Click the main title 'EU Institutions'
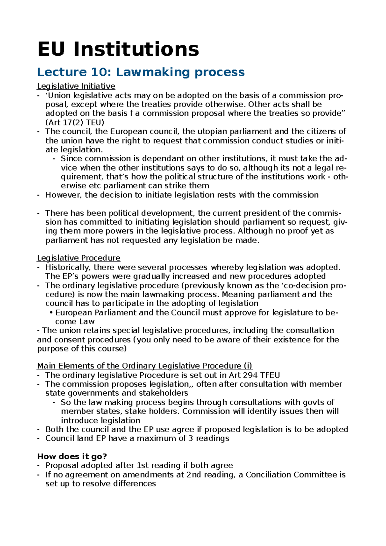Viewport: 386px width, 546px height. point(118,49)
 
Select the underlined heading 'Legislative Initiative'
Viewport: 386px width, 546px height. point(76,86)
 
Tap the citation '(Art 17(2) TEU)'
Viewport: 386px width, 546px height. point(75,123)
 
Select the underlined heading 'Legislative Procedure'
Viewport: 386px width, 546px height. point(78,258)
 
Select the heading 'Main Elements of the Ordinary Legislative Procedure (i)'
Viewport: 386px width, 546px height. point(144,366)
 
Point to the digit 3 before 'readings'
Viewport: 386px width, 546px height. point(191,439)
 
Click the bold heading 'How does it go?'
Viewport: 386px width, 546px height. point(72,457)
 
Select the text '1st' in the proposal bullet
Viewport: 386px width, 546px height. point(143,466)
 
